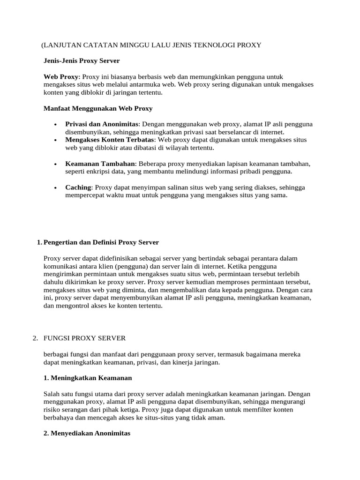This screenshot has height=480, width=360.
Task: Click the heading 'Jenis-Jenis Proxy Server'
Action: tap(82, 60)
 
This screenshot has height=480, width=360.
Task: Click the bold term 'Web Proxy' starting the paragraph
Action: tap(61, 76)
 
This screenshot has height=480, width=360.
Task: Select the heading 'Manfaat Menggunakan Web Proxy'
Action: tap(97, 108)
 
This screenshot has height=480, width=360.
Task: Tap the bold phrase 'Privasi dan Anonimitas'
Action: tap(102, 124)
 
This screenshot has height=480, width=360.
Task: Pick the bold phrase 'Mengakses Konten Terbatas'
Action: tap(110, 140)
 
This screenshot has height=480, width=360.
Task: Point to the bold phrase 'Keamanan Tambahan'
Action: tap(100, 164)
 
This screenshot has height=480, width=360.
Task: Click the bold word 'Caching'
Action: tap(78, 187)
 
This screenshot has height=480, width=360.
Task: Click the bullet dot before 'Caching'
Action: tap(56, 188)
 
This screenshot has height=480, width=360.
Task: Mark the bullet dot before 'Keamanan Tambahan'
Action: tap(56, 164)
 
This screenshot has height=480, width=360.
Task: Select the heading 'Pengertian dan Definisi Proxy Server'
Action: tap(101, 242)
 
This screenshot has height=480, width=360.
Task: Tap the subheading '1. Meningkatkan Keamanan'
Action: tap(88, 378)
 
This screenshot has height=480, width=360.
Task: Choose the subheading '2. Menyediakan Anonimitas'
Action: tap(87, 434)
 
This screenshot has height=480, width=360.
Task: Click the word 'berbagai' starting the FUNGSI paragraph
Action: tap(56, 354)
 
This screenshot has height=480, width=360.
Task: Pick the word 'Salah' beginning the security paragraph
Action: tap(52, 394)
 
